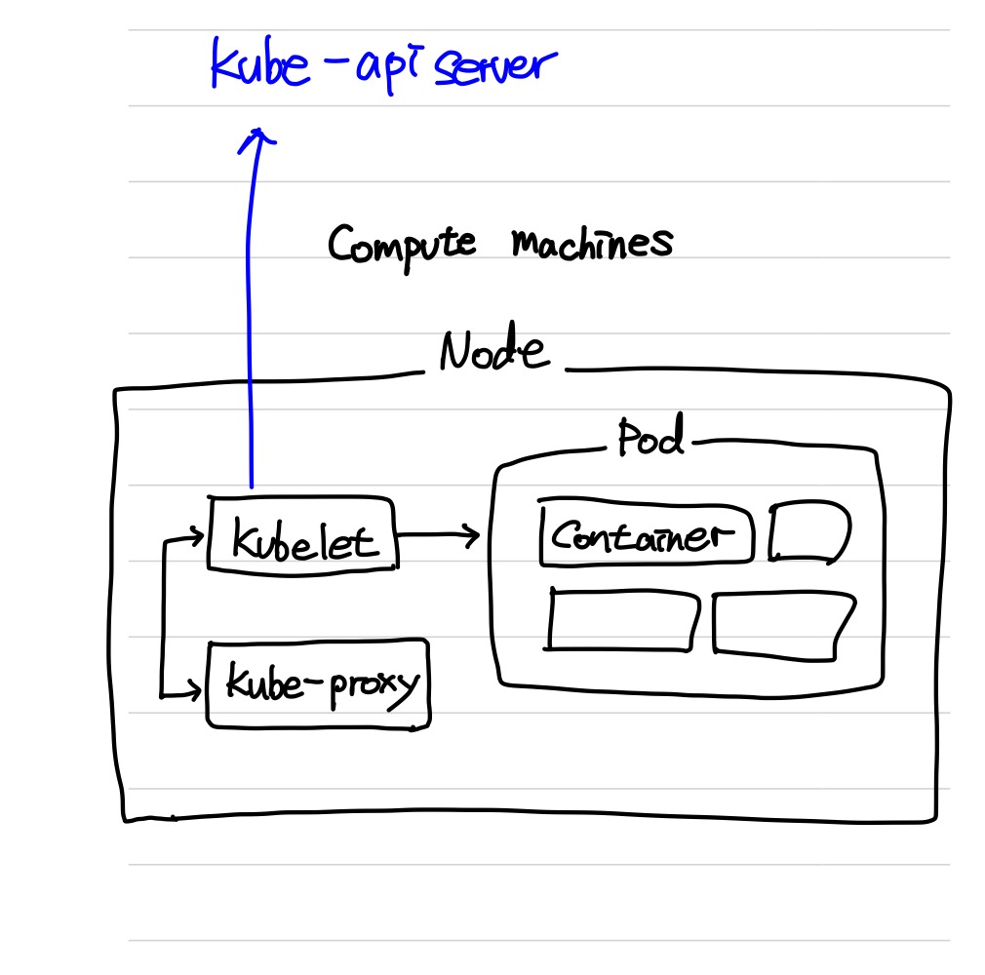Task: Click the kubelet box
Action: tap(302, 534)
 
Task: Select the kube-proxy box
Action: tap(318, 683)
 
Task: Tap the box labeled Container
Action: tap(647, 534)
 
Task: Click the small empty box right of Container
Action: tap(809, 533)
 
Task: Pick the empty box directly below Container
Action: tap(623, 619)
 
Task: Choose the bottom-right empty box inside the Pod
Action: tap(783, 624)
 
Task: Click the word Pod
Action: tap(650, 440)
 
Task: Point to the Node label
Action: tap(492, 353)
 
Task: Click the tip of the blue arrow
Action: tap(258, 131)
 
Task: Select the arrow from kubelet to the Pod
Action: tap(439, 534)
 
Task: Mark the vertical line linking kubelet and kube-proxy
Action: tap(166, 614)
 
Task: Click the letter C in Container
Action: tap(564, 534)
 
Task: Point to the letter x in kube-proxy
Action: tap(382, 682)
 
